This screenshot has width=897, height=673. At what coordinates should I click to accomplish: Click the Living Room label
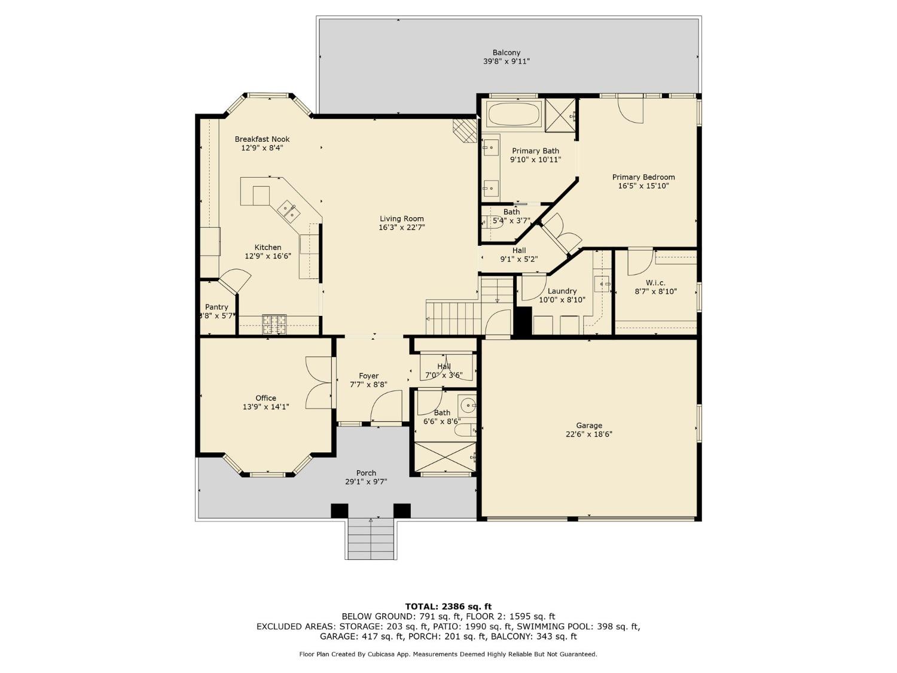(x=401, y=219)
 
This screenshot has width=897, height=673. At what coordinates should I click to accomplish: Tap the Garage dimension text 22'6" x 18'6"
(x=588, y=435)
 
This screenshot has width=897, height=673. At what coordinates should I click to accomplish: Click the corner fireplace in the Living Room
(x=465, y=130)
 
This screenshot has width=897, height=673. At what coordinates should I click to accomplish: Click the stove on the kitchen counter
(x=274, y=324)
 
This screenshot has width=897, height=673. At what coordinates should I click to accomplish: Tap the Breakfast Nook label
(x=262, y=139)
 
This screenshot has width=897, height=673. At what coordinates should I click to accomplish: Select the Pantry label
(x=216, y=307)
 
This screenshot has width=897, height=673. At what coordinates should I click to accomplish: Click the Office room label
(x=266, y=398)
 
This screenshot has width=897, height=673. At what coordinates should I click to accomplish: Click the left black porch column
(x=340, y=511)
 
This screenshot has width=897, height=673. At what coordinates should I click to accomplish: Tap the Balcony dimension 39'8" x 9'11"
(x=507, y=62)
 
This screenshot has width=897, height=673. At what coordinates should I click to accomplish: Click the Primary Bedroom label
(x=643, y=177)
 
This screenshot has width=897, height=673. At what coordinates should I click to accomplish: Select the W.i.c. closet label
(x=655, y=283)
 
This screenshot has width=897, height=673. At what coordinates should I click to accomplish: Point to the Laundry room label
(x=562, y=291)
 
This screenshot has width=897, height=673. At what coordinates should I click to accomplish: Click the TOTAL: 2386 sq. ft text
(x=448, y=607)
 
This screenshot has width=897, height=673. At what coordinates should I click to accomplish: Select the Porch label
(x=366, y=473)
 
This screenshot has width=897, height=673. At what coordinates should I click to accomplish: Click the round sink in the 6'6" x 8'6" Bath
(x=467, y=406)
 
